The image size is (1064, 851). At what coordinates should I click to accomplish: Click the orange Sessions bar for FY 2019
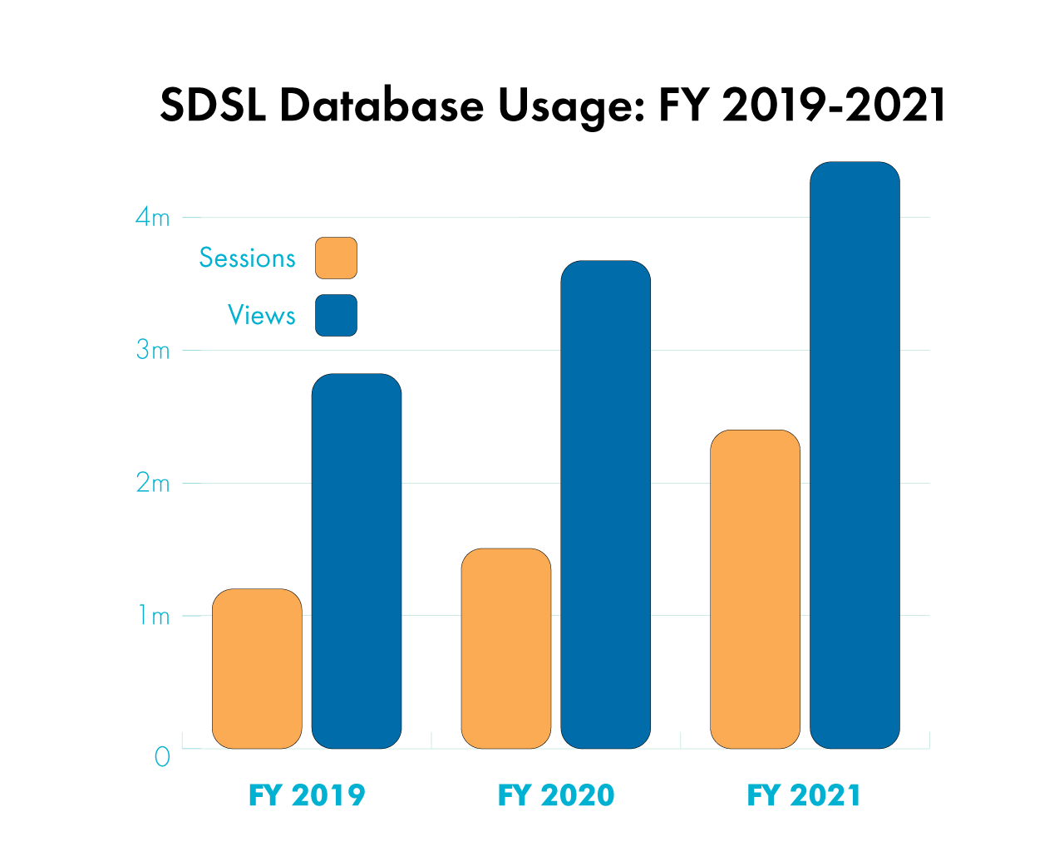[257, 668]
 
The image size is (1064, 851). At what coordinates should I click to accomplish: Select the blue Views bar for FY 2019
[357, 561]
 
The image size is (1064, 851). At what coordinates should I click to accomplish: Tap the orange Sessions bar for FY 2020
[506, 648]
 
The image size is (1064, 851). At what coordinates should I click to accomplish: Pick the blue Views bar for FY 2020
[605, 504]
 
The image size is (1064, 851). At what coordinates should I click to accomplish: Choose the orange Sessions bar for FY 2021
[755, 589]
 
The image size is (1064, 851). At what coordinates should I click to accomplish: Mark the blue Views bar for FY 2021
[855, 455]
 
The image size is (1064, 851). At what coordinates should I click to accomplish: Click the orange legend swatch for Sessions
[336, 258]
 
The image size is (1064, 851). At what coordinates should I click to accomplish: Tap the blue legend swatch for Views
[336, 316]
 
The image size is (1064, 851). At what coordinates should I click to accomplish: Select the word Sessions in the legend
[247, 258]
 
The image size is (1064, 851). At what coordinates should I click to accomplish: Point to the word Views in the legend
[261, 316]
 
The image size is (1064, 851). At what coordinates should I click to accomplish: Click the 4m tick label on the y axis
[153, 218]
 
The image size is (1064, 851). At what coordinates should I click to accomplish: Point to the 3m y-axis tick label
[153, 351]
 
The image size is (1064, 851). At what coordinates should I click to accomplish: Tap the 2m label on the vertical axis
[153, 484]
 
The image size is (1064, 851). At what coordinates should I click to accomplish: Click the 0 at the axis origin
[162, 757]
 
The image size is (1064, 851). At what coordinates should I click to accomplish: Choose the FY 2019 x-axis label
[307, 795]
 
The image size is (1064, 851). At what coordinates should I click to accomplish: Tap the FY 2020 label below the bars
[555, 795]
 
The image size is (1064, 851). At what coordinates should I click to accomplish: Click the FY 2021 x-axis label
[804, 795]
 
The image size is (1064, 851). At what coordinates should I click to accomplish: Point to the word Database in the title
[382, 106]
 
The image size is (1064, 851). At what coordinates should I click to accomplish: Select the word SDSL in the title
[213, 106]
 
